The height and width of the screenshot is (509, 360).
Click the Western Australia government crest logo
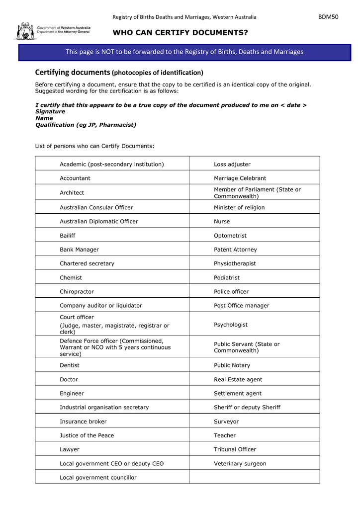click(24, 31)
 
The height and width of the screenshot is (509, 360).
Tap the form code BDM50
click(328, 17)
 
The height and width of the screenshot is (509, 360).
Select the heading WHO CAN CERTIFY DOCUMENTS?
click(180, 33)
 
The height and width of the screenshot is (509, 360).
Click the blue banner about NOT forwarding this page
click(184, 52)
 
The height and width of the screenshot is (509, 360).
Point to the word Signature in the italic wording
click(50, 112)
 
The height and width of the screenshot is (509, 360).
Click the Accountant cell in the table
click(75, 178)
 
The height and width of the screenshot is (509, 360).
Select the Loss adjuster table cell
click(232, 164)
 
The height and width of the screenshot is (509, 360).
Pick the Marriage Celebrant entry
click(240, 178)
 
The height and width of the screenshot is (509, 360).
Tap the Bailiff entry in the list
click(68, 236)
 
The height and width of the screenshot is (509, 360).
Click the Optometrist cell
click(230, 236)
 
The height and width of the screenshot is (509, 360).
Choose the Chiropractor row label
click(77, 292)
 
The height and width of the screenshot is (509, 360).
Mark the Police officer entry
click(231, 292)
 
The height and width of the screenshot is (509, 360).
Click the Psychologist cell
click(231, 325)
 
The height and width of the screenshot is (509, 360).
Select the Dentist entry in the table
click(70, 365)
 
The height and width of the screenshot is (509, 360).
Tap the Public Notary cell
click(232, 365)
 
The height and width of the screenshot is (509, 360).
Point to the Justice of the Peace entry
click(87, 435)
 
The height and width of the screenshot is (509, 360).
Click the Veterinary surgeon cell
click(240, 464)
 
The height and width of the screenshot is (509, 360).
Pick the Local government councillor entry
click(98, 478)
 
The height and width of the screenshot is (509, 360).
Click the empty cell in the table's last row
click(254, 477)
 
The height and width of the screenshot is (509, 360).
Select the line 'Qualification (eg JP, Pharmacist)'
click(86, 125)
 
